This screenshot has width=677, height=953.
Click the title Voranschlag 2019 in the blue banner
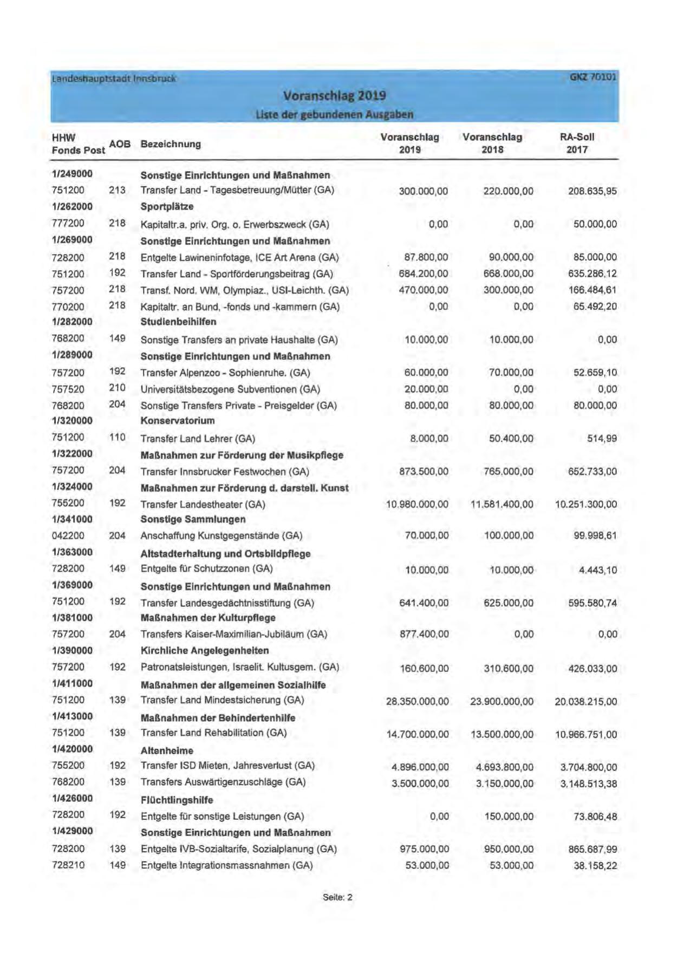pyautogui.click(x=334, y=96)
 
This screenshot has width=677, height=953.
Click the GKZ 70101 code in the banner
pyautogui.click(x=593, y=77)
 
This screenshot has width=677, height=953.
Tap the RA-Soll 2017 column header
pyautogui.click(x=577, y=143)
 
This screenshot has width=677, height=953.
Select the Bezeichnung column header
pyautogui.click(x=171, y=144)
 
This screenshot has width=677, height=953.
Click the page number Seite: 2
pyautogui.click(x=337, y=897)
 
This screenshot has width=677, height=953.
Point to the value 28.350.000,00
pyautogui.click(x=417, y=702)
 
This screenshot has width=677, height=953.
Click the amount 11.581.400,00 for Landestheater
pyautogui.click(x=502, y=505)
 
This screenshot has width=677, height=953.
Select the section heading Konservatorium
pyautogui.click(x=178, y=421)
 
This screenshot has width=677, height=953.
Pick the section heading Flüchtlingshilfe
pyautogui.click(x=177, y=800)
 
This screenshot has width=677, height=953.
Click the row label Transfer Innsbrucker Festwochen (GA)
pyautogui.click(x=225, y=472)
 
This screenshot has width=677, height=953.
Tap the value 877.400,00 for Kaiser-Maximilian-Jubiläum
pyautogui.click(x=424, y=634)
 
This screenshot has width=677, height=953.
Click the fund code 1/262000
pyautogui.click(x=72, y=207)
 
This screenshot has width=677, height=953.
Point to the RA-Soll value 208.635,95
pyautogui.click(x=592, y=191)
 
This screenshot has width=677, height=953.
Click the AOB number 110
pyautogui.click(x=117, y=438)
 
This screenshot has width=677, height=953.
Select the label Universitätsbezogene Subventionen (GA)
pyautogui.click(x=230, y=389)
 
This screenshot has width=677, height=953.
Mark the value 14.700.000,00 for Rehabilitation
pyautogui.click(x=417, y=734)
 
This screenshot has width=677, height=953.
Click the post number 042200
pyautogui.click(x=68, y=536)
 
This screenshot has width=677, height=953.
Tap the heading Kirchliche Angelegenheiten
pyautogui.click(x=205, y=650)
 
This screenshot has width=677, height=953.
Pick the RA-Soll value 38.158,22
pyautogui.click(x=595, y=866)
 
